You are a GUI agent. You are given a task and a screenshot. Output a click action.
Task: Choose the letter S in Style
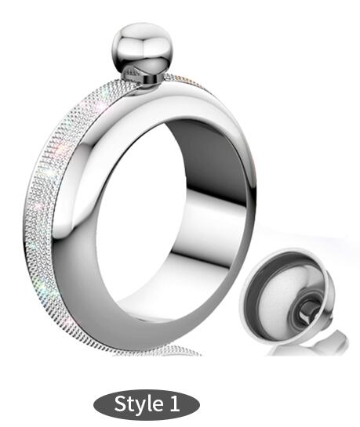point(122,404)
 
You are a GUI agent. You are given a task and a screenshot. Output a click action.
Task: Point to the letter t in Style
point(133,404)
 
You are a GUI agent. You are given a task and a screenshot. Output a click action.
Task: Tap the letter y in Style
point(142,406)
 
